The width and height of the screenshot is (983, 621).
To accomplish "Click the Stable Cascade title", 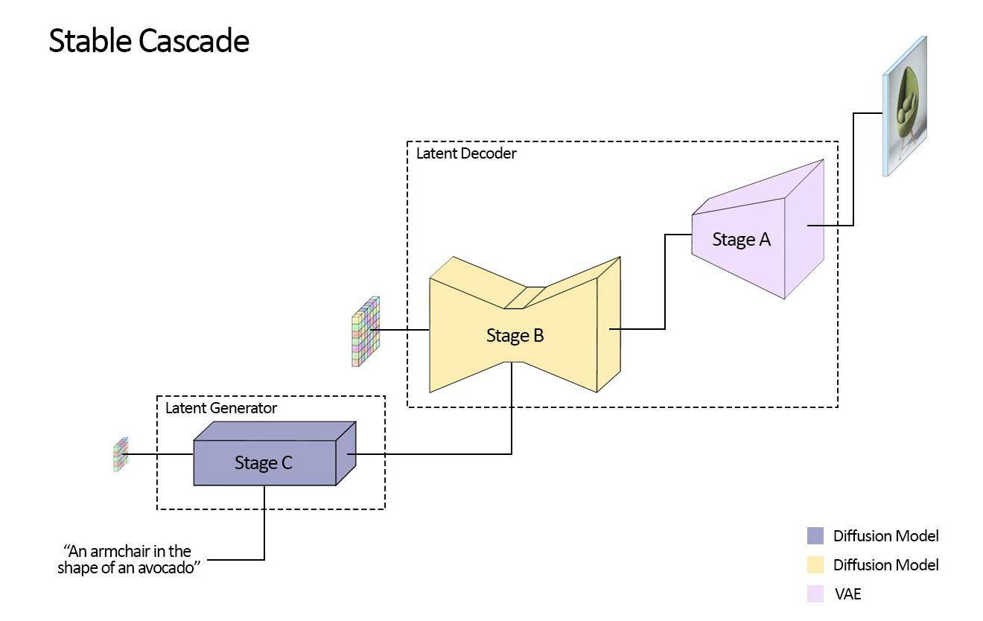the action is tap(149, 41).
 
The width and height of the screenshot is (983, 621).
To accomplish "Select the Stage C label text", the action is tap(264, 463).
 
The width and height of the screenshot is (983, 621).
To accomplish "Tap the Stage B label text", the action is tap(515, 336).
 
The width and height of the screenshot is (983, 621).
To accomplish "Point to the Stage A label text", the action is tap(741, 240).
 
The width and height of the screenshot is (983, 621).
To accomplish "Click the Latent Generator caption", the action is tap(221, 408).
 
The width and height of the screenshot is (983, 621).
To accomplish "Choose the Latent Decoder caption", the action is tap(466, 153).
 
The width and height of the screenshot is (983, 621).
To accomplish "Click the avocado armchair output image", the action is tap(905, 106).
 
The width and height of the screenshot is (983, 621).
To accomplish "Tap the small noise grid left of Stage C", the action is tap(121, 454).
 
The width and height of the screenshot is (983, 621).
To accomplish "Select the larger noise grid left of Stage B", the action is tap(366, 332).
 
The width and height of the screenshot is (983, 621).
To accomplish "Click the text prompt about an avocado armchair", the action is tap(129, 559).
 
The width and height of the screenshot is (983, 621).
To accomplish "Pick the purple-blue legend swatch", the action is tap(815, 536).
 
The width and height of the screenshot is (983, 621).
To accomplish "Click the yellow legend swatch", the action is tap(815, 565).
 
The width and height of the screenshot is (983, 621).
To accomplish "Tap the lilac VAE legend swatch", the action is tap(815, 593).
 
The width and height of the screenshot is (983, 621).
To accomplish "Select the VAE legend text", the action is tap(847, 594).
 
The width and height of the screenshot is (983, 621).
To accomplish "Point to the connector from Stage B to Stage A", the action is tap(665, 281).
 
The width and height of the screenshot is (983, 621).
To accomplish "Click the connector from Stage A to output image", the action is tap(853, 169).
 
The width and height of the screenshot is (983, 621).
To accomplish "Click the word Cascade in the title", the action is tap(194, 41).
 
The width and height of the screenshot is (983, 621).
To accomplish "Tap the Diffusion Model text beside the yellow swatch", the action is tap(886, 565).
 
